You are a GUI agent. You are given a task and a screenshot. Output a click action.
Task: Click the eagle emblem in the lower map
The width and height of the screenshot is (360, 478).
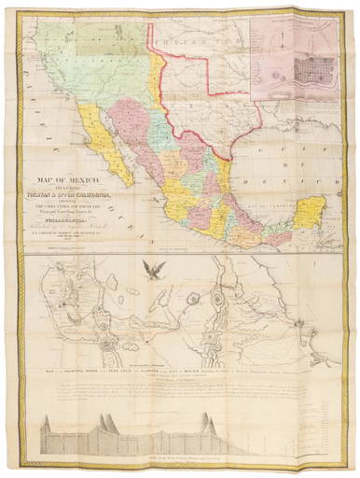(152, 271)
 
